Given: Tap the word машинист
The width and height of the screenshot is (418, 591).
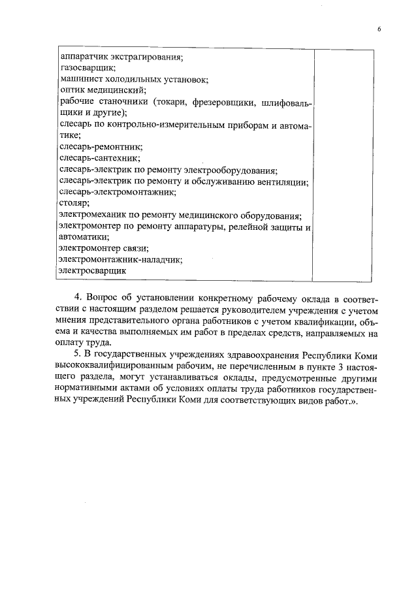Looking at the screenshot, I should click(x=78, y=79).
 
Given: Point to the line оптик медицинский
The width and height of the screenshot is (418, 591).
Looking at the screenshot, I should click(x=102, y=90).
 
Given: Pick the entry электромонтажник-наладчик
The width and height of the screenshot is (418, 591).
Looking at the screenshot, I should click(x=120, y=259).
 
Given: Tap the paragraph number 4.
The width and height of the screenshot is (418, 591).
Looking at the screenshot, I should click(x=78, y=298).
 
